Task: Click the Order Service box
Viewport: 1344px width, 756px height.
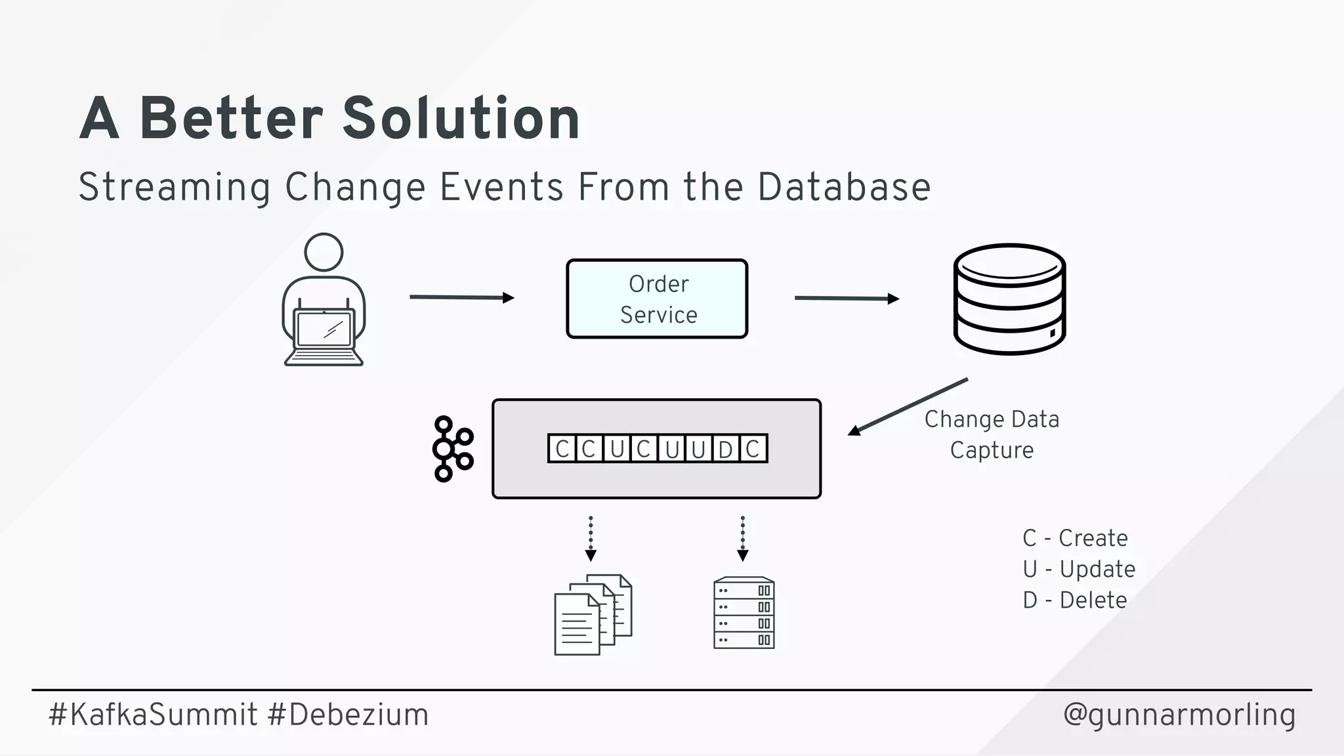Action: [657, 299]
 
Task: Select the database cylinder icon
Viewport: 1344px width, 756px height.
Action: [1009, 299]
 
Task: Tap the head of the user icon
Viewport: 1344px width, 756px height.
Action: [324, 252]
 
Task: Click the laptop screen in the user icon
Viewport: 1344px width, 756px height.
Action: [324, 328]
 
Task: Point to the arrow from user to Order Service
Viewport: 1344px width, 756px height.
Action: [461, 297]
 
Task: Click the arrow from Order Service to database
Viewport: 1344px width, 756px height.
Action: [847, 299]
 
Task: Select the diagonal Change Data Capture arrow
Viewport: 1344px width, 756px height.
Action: [908, 406]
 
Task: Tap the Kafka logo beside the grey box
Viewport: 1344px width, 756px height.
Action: [452, 449]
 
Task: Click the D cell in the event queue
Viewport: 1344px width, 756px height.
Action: [725, 450]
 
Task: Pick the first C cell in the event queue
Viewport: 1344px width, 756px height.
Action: [562, 450]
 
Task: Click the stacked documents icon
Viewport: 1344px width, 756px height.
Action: [593, 614]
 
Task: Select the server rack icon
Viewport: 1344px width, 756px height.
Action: [744, 613]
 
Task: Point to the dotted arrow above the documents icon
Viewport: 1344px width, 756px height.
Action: [591, 539]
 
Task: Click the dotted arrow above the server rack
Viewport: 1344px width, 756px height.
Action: [743, 539]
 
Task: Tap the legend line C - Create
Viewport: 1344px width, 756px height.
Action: [1075, 538]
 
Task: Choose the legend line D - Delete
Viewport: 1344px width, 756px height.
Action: [1075, 600]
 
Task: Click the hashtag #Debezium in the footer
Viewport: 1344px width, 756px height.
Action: [348, 715]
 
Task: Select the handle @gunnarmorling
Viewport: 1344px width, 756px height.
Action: [1179, 715]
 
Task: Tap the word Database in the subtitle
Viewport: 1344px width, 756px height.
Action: [844, 187]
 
